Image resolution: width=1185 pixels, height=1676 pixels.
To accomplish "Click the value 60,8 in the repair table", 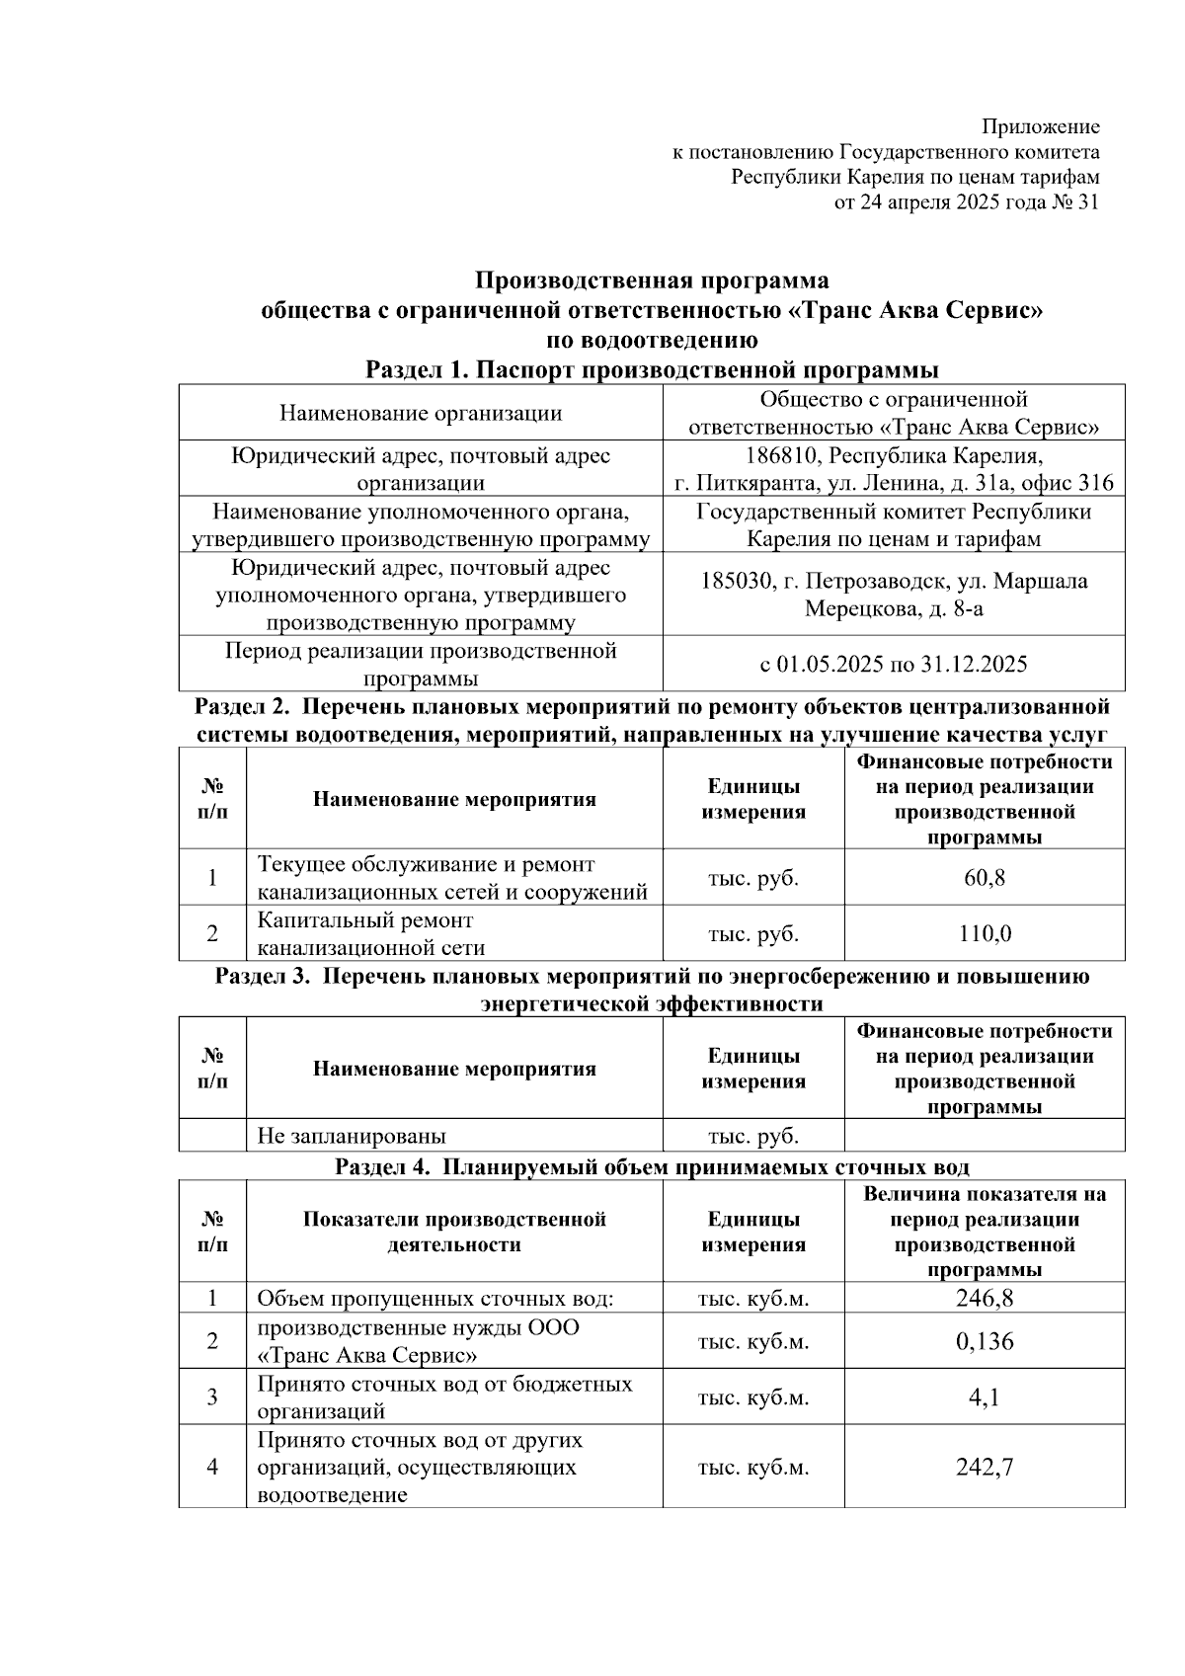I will point(984,877).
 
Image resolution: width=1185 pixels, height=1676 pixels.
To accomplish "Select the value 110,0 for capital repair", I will point(984,933).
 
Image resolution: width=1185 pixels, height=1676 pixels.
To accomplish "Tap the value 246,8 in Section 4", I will point(984,1298).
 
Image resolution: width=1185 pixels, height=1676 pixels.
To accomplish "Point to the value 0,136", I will point(984,1341).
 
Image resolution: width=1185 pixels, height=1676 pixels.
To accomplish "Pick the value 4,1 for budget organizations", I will point(984,1397).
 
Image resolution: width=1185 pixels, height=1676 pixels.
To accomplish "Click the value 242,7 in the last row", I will point(984,1467).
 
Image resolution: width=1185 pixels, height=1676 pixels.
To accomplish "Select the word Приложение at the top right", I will point(1040,126).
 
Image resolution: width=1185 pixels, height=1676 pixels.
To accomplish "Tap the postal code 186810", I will point(776,455).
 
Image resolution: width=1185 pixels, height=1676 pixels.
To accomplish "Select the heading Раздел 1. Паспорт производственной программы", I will point(651,370).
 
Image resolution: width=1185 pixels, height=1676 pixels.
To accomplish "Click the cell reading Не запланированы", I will point(352,1136).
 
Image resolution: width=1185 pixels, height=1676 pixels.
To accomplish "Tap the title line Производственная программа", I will point(651,281).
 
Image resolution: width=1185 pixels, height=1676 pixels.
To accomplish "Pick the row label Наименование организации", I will point(421,413).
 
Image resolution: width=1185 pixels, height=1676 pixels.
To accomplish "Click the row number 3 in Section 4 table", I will point(212,1397).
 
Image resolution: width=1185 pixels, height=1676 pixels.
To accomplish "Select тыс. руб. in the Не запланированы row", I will point(752,1136).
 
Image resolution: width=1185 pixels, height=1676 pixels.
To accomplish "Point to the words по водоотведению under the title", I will point(652,341).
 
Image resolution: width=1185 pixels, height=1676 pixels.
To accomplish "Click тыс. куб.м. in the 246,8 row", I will point(752,1299).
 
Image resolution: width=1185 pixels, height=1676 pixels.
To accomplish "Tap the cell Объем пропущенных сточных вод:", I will point(434,1299).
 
